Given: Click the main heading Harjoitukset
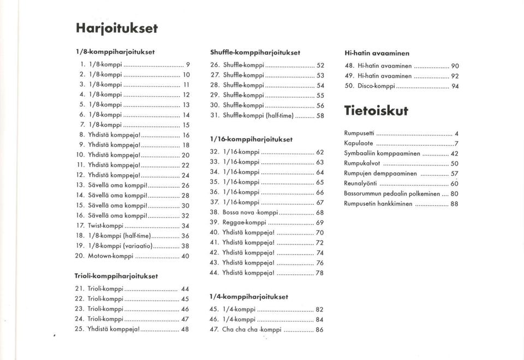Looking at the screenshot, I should [117, 28].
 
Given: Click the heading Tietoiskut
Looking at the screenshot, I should [376, 110].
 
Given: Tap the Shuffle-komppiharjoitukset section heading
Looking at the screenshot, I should [255, 52].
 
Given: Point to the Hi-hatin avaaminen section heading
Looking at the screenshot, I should [377, 53].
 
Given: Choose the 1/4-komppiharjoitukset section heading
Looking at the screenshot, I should [248, 297].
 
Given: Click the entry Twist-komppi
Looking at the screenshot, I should [105, 225].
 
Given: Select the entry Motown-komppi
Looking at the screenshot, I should [111, 255].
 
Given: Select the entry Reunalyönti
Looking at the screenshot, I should [360, 184].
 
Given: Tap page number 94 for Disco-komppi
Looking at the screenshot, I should [455, 86].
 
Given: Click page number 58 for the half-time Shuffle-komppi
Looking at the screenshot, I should [320, 116].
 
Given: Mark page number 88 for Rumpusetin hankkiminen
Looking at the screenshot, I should [454, 204].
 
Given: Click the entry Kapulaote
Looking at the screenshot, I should [359, 143].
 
